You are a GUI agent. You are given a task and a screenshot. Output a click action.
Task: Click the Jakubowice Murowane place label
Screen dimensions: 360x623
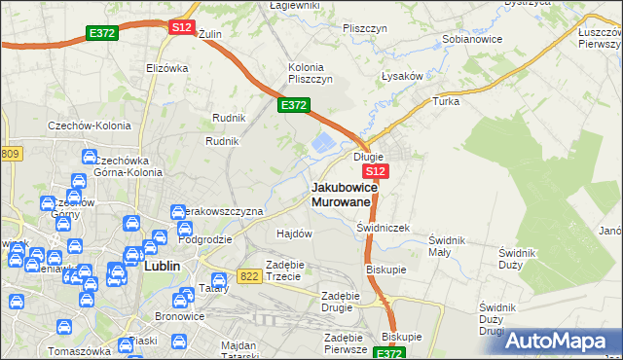pyautogui.click(x=342, y=194)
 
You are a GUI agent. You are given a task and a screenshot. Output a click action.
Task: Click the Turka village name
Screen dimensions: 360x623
pyautogui.click(x=446, y=101)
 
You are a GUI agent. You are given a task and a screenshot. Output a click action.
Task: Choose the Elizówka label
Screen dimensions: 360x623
pyautogui.click(x=166, y=68)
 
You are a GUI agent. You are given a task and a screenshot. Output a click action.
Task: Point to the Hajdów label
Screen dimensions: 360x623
pyautogui.click(x=294, y=234)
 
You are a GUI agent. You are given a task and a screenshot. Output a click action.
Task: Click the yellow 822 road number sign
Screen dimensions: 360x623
pyautogui.click(x=248, y=276)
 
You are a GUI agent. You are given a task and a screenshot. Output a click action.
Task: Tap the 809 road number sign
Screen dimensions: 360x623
pyautogui.click(x=11, y=154)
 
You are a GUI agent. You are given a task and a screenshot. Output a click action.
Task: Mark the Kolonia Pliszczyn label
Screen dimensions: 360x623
pyautogui.click(x=311, y=73)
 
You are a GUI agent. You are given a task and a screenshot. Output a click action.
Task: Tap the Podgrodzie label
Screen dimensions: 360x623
pyautogui.click(x=204, y=239)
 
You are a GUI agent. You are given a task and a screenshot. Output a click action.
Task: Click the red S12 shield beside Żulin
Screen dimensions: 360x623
pyautogui.click(x=182, y=27)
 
